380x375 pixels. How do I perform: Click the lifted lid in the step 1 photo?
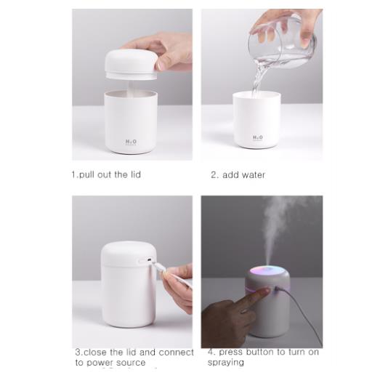(x=131, y=64)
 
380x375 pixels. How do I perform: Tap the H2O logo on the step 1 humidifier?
(x=131, y=142)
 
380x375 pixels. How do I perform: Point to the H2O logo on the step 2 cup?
(x=258, y=138)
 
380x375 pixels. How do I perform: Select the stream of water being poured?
(x=258, y=78)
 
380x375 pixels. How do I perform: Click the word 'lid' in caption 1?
(x=136, y=174)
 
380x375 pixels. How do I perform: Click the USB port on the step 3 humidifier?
(x=149, y=260)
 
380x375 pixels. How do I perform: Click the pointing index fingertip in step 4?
(x=267, y=290)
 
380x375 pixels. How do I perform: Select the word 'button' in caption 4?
(x=260, y=352)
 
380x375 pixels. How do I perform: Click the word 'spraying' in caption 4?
(x=226, y=362)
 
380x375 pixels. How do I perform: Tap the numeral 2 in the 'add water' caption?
(x=214, y=174)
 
